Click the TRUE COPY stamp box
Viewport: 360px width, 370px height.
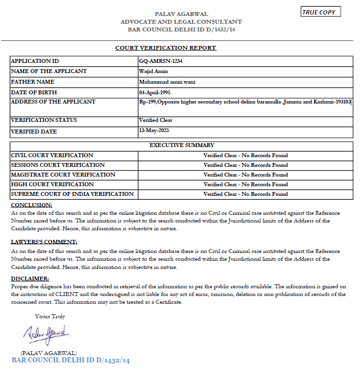pyautogui.click(x=321, y=12)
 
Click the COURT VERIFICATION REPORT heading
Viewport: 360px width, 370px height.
pyautogui.click(x=165, y=48)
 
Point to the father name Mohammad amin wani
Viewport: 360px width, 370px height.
pyautogui.click(x=167, y=82)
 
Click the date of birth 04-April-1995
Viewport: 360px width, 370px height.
pyautogui.click(x=154, y=92)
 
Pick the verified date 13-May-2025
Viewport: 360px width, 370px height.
pyautogui.click(x=154, y=131)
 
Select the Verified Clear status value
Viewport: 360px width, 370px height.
pyautogui.click(x=155, y=120)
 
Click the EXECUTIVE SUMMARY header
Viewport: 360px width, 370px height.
pyautogui.click(x=181, y=145)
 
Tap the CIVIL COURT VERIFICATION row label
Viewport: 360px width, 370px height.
pyautogui.click(x=52, y=155)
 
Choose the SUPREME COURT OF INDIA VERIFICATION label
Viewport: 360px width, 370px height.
pyautogui.click(x=72, y=194)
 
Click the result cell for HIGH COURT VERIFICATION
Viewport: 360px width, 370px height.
pyautogui.click(x=245, y=184)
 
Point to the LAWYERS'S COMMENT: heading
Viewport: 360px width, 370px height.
pyautogui.click(x=44, y=242)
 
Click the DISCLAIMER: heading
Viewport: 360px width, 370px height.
pyautogui.click(x=30, y=279)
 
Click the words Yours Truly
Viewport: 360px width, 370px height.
pyautogui.click(x=50, y=316)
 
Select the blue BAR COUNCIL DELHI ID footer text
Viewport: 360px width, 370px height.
pyautogui.click(x=71, y=360)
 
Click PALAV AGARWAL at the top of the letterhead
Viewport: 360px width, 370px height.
pyautogui.click(x=181, y=15)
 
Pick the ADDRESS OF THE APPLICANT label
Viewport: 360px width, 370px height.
pyautogui.click(x=53, y=102)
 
